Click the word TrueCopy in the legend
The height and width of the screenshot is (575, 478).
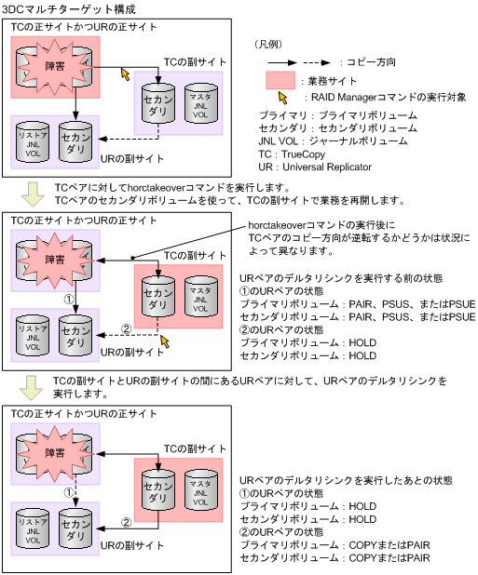[312, 154]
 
